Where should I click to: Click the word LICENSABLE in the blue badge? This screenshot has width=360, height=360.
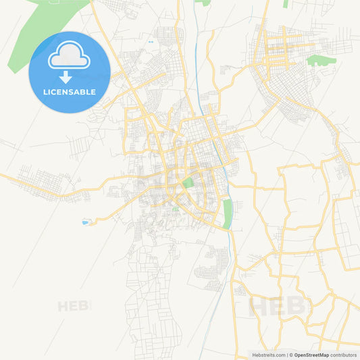click(x=69, y=92)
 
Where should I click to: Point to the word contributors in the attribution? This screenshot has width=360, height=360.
click(x=343, y=355)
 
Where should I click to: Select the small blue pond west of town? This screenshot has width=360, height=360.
click(x=85, y=222)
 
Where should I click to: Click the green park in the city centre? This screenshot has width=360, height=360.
click(x=187, y=182)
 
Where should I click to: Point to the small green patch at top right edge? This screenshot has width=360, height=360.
click(x=286, y=3)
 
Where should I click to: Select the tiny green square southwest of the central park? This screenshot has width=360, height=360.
click(x=176, y=209)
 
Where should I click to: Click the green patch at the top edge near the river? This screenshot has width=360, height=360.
click(x=203, y=3)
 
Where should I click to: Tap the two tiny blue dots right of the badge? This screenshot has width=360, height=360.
click(x=150, y=43)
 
